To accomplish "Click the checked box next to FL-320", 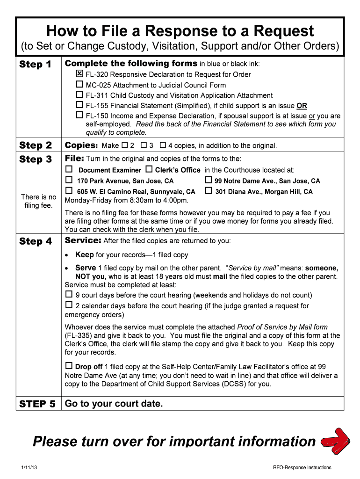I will pyautogui.click(x=79, y=74).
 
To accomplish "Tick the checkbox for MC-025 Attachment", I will pyautogui.click(x=79, y=85).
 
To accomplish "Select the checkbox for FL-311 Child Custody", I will pyautogui.click(x=79, y=95).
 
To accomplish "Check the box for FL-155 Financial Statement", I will pyautogui.click(x=79, y=105).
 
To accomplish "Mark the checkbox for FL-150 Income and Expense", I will pyautogui.click(x=79, y=115).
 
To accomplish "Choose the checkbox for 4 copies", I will pyautogui.click(x=163, y=145).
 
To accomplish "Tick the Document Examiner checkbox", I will pyautogui.click(x=69, y=169).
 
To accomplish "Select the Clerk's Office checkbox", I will pyautogui.click(x=149, y=169).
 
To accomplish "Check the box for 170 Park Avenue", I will pyautogui.click(x=69, y=180).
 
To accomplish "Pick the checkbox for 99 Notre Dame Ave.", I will pyautogui.click(x=209, y=180).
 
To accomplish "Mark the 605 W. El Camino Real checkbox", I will pyautogui.click(x=69, y=191).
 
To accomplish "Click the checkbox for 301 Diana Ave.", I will pyautogui.click(x=209, y=191).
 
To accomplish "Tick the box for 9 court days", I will pyautogui.click(x=69, y=295).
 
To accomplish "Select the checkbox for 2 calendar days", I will pyautogui.click(x=69, y=305).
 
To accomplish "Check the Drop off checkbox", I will pyautogui.click(x=69, y=366).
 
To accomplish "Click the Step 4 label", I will pyautogui.click(x=36, y=241).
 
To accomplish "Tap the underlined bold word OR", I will pyautogui.click(x=302, y=106).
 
